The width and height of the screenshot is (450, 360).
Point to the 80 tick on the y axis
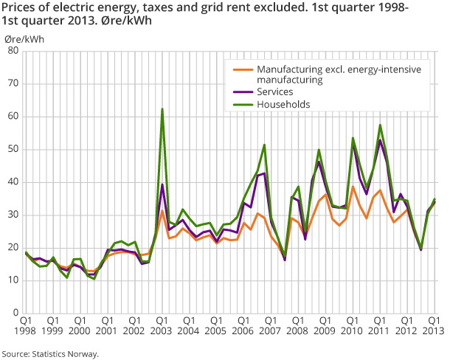[13, 51]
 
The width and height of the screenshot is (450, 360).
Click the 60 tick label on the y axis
[13, 117]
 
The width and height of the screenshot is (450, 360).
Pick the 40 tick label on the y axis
[13, 182]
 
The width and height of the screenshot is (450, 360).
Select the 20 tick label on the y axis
[13, 248]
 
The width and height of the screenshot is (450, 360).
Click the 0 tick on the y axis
[15, 313]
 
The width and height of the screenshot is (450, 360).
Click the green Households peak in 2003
[162, 109]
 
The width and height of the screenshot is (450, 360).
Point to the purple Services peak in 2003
[162, 184]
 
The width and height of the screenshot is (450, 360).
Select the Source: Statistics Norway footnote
[50, 354]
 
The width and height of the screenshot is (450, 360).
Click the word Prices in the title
[19, 7]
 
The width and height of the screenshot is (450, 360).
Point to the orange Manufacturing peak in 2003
[162, 211]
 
